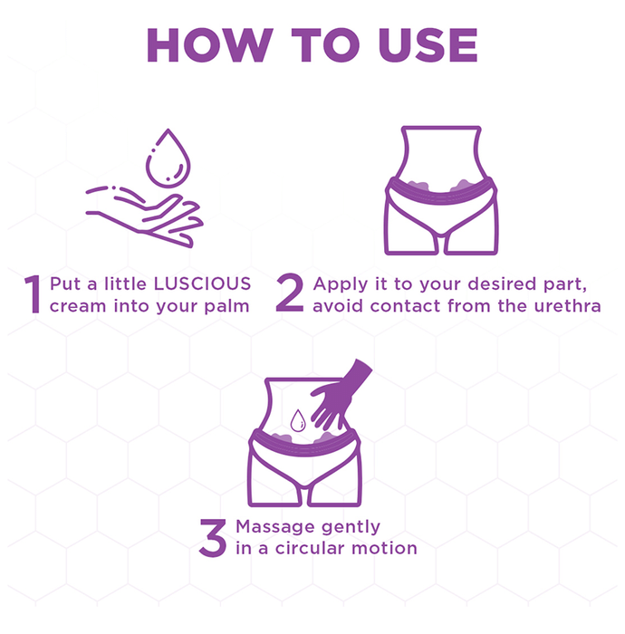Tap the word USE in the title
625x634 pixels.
coord(428,45)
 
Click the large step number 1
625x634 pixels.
coord(33,294)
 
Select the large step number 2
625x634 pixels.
coord(290,293)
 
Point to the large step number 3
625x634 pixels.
coord(213,538)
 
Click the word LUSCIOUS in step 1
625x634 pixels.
coord(203,283)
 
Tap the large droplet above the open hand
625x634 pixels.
coord(168,158)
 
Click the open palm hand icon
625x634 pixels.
coord(144,216)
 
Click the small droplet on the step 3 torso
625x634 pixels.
coord(298,420)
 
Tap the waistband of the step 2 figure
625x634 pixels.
coord(440,193)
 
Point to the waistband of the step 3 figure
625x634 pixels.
coord(304,445)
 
